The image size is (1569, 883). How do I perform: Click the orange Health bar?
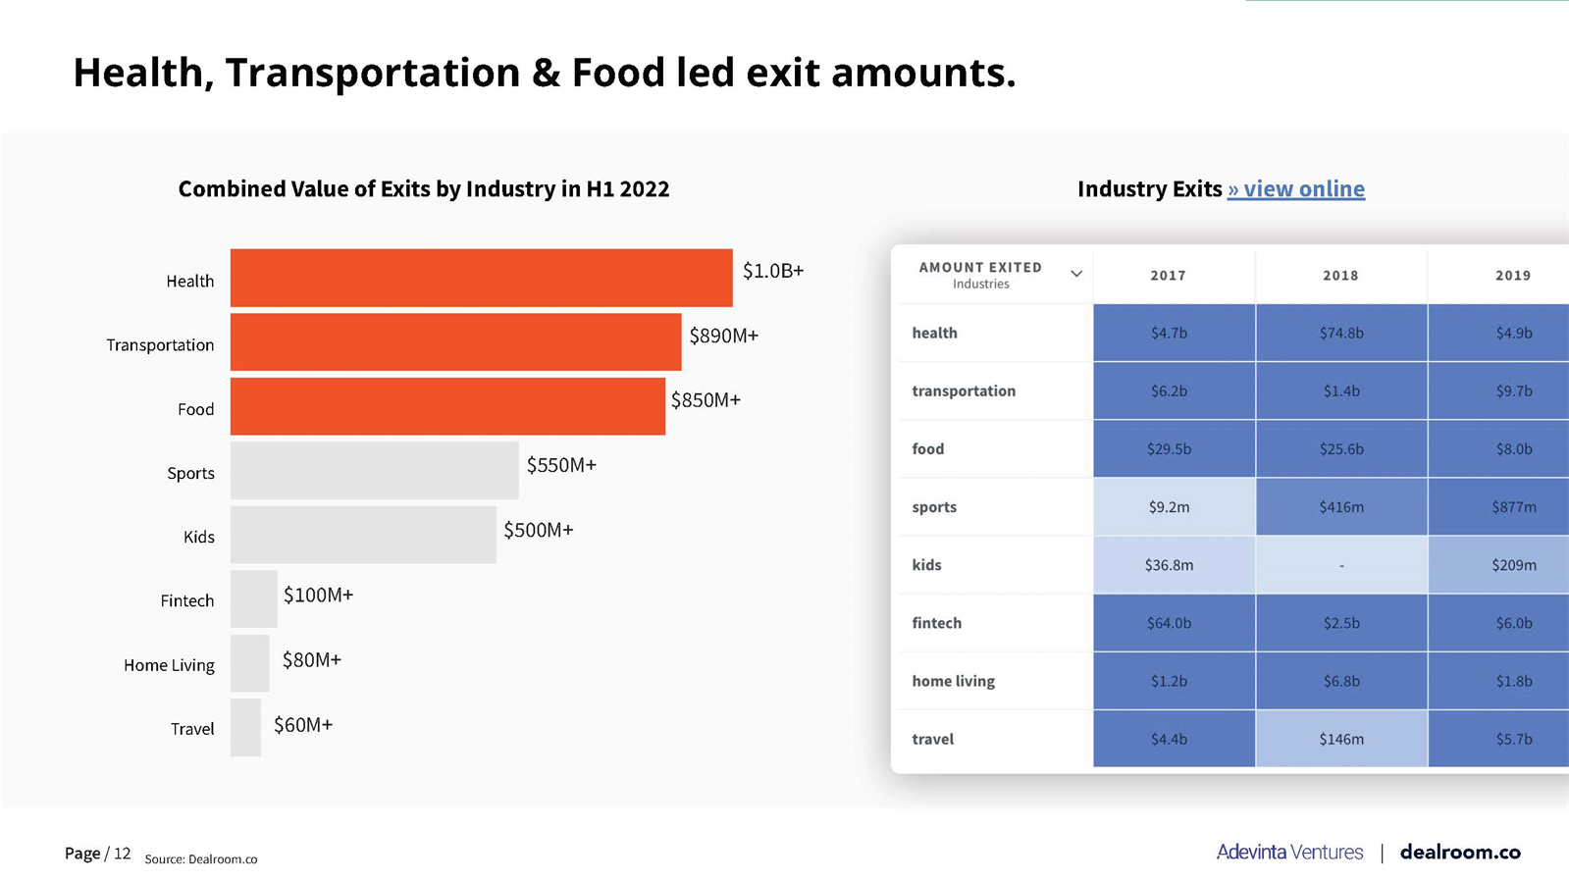[481, 278]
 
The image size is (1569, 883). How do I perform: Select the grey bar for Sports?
[374, 470]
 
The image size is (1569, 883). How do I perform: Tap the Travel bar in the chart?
[245, 727]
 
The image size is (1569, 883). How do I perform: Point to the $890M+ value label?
[723, 336]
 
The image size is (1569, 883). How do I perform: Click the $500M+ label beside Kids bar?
[538, 530]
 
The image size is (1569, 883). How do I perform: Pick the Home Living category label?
[169, 665]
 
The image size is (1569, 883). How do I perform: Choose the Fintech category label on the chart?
[186, 600]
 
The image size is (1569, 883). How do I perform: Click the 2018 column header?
[1340, 276]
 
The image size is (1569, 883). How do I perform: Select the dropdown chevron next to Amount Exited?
[1076, 274]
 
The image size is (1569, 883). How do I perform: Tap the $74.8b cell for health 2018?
[1340, 333]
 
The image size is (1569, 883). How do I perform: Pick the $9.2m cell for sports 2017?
[1169, 507]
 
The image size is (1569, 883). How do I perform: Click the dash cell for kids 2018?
[1340, 565]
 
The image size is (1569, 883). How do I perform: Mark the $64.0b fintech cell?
[1169, 623]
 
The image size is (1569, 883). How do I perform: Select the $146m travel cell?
[1340, 739]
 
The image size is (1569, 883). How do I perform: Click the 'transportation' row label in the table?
[963, 390]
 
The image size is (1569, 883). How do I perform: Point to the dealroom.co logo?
[1459, 852]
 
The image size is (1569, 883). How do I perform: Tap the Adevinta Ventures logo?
[1289, 852]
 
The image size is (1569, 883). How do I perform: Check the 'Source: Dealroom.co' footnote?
[200, 859]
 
